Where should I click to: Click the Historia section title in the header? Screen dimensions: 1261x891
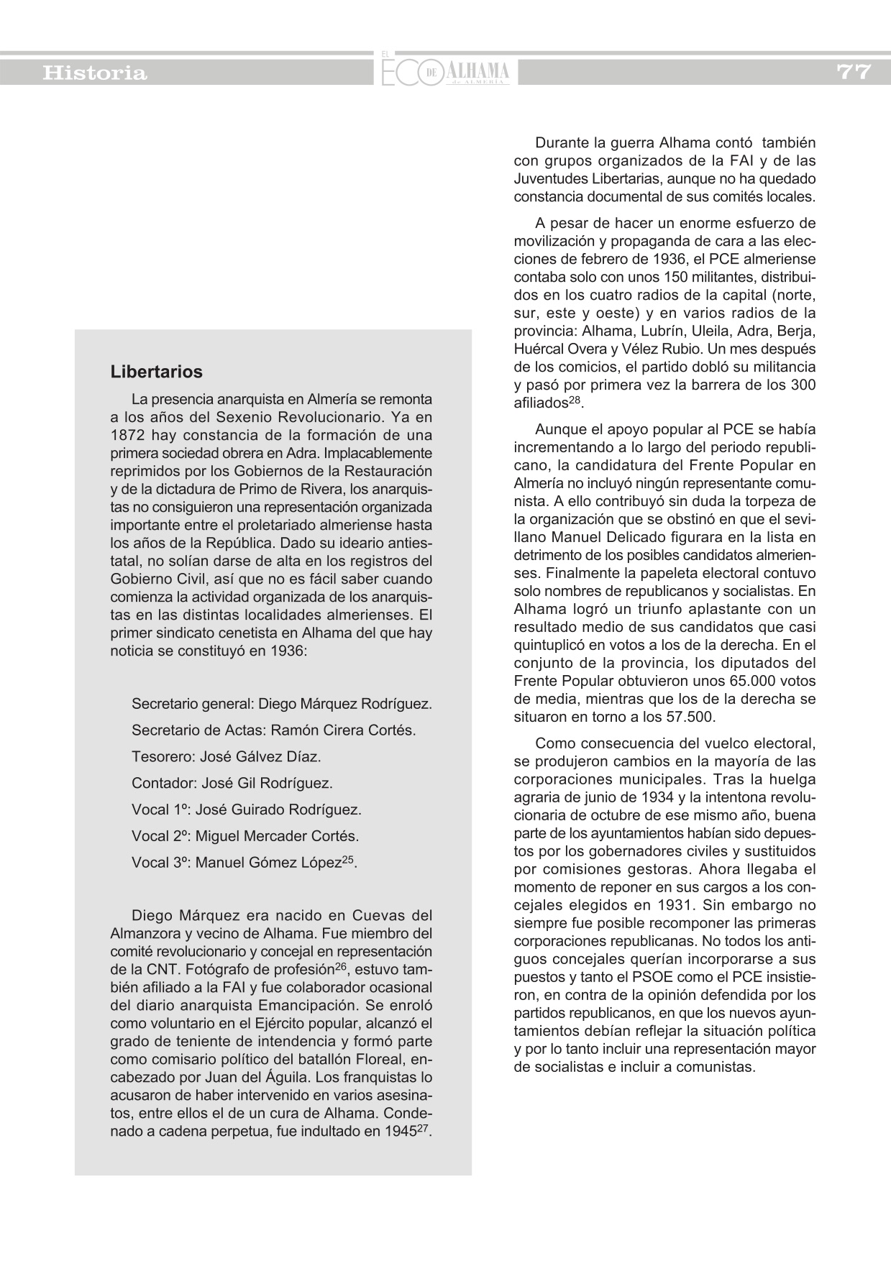[95, 73]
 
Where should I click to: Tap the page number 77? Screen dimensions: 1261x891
[854, 72]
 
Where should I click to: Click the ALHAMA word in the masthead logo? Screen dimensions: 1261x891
[478, 70]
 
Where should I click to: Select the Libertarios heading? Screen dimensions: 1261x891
[157, 372]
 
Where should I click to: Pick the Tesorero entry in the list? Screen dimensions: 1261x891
[226, 756]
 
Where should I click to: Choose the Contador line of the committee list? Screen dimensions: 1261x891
[232, 783]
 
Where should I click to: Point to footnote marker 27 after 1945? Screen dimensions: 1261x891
[424, 1128]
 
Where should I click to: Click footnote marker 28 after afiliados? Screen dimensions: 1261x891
[575, 400]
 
